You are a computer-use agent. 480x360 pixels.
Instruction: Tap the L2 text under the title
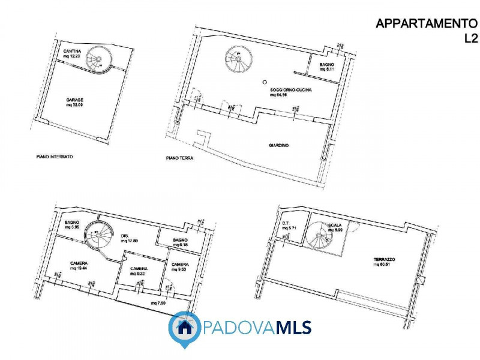tap(472, 39)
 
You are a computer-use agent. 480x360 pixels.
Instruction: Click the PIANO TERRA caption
tap(179, 159)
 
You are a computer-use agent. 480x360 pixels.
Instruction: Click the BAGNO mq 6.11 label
tap(327, 67)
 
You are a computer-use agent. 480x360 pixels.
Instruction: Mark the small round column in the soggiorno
tap(264, 82)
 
